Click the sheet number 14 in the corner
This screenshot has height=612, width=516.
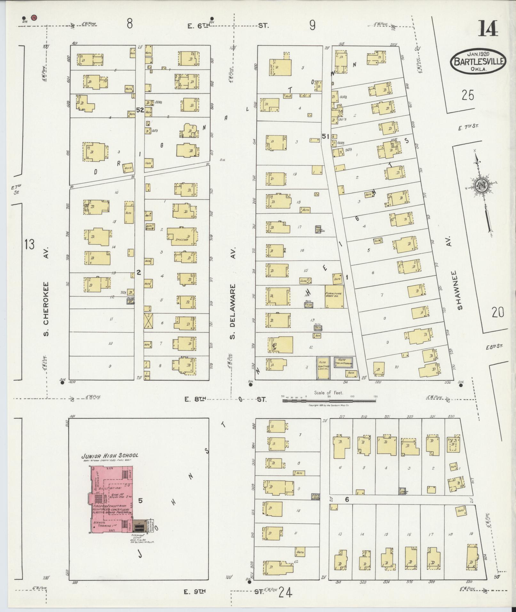click(488, 28)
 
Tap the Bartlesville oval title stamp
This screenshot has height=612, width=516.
click(479, 60)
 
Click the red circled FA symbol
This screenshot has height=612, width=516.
click(34, 18)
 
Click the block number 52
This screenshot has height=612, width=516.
click(140, 110)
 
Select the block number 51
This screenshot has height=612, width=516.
click(326, 136)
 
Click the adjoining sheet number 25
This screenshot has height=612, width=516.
click(467, 95)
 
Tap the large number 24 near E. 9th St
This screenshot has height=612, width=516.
click(285, 593)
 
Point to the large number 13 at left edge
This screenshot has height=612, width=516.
click(29, 245)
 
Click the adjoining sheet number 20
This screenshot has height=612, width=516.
click(498, 312)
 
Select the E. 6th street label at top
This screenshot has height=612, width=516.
click(198, 27)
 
